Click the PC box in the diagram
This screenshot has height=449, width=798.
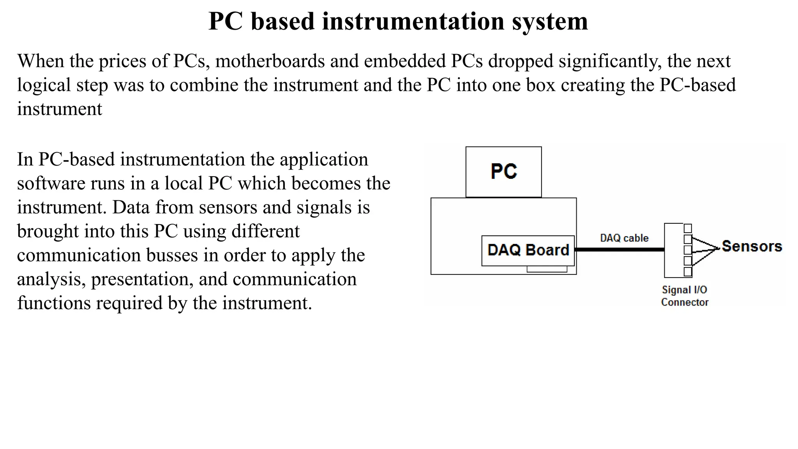pos(503,171)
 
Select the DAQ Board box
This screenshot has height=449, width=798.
pos(528,250)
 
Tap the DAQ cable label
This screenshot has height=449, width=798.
pos(624,238)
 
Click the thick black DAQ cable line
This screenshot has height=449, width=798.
pos(620,249)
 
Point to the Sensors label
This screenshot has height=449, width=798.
pos(752,246)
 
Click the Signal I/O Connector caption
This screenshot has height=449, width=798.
pos(685,296)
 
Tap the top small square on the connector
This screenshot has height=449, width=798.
pos(688,228)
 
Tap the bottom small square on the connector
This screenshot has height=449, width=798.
pos(688,271)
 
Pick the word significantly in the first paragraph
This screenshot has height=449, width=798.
pos(610,61)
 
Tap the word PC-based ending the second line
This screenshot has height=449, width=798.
pos(697,85)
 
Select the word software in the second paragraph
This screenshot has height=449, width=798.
pos(51,184)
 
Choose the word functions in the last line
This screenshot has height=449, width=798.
pos(54,303)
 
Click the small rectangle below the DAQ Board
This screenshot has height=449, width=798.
pos(547,269)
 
